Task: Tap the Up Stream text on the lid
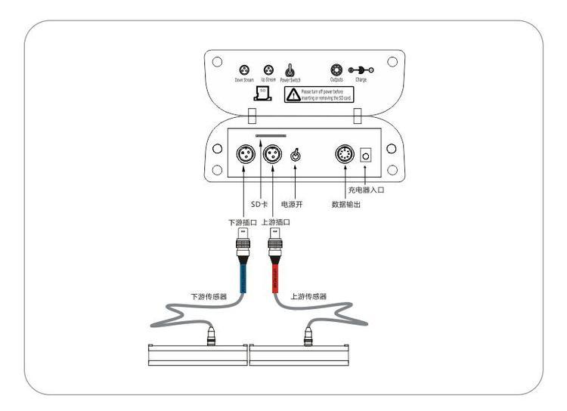268,78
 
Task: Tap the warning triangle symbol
292,94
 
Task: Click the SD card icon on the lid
262,94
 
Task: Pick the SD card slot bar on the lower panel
271,137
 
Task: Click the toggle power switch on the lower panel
296,156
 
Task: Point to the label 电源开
292,204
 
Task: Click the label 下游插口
243,223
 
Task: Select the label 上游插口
275,223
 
